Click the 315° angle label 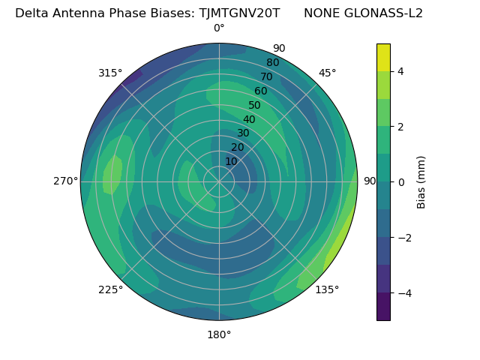pos(109,73)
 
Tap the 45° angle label pos(328,73)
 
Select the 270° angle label pos(66,181)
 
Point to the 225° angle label pos(110,289)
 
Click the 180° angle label pos(219,334)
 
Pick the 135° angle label pos(327,289)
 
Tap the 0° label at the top pos(219,28)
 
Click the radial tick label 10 pos(231,161)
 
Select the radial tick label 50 pos(255,106)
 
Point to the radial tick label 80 pos(273,62)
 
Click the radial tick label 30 pos(243,133)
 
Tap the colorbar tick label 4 pos(401,71)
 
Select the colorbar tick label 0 pos(401,182)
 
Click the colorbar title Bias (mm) pos(421,182)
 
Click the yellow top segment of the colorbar pos(383,57)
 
